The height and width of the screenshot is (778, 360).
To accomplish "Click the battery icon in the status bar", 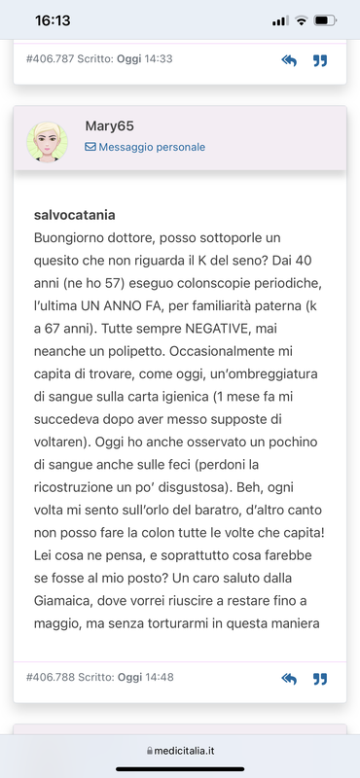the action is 328,20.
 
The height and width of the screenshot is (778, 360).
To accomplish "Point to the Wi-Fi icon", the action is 302,20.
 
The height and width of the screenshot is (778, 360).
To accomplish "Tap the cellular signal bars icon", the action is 280,20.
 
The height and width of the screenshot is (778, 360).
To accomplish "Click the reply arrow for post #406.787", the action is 289,60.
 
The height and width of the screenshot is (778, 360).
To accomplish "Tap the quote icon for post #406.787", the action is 319,60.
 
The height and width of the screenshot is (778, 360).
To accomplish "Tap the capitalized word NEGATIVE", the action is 230,332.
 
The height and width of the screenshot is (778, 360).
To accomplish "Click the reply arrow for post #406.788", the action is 289,678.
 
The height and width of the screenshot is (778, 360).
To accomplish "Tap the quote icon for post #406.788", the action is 319,678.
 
